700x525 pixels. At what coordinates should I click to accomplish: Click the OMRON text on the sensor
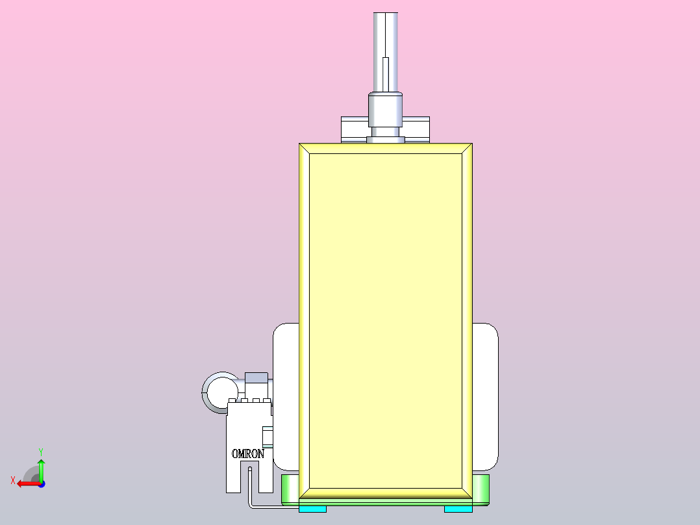tap(248, 454)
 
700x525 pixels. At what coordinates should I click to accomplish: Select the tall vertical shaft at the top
tap(385, 52)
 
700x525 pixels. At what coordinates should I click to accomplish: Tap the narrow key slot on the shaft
tap(386, 75)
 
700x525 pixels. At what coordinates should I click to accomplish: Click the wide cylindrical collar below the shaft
tap(385, 110)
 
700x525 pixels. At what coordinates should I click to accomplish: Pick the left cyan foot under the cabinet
tap(312, 509)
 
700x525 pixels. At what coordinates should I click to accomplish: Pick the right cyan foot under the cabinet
tap(458, 509)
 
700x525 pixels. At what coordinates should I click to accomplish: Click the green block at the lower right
tap(481, 490)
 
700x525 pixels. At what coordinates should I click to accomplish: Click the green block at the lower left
tap(290, 490)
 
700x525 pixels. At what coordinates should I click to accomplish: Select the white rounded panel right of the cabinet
tap(485, 397)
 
